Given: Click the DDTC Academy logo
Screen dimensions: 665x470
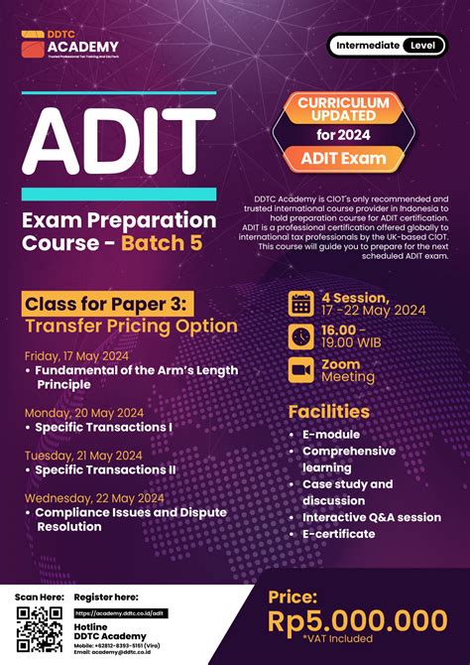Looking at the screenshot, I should tap(70, 45).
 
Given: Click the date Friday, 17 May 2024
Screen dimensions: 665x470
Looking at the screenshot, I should tap(77, 354).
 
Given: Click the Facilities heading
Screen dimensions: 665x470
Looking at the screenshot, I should tap(329, 411).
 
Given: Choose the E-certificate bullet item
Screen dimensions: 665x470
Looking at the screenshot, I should tap(339, 533).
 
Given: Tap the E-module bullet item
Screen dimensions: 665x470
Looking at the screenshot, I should tap(331, 435).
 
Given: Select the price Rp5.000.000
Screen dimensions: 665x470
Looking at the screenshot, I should tap(357, 620).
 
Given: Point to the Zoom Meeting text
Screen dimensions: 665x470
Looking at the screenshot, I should tap(347, 370).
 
